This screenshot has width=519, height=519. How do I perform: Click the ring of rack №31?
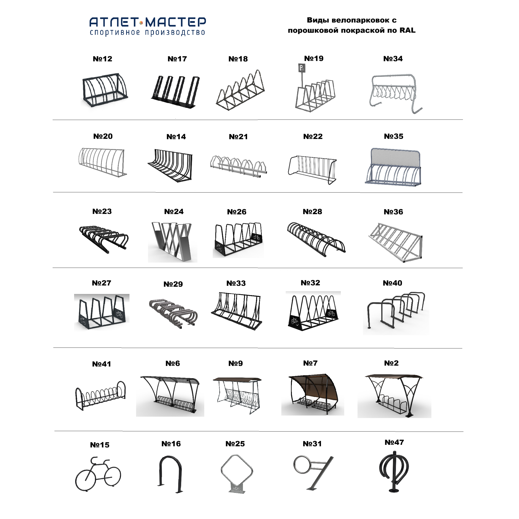pyautogui.click(x=302, y=465)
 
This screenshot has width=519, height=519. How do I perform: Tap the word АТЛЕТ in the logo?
pyautogui.click(x=114, y=22)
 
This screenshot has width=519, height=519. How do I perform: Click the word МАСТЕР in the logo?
pyautogui.click(x=176, y=22)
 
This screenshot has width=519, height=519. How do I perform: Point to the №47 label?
pyautogui.click(x=394, y=442)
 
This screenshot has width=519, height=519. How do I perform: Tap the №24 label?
pyautogui.click(x=174, y=212)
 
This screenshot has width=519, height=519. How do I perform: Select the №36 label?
pyautogui.click(x=393, y=212)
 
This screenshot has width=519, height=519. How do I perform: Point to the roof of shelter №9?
pyautogui.click(x=237, y=379)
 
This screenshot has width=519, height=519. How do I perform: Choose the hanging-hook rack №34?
pyautogui.click(x=394, y=93)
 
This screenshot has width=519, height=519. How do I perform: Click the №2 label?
pyautogui.click(x=391, y=363)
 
